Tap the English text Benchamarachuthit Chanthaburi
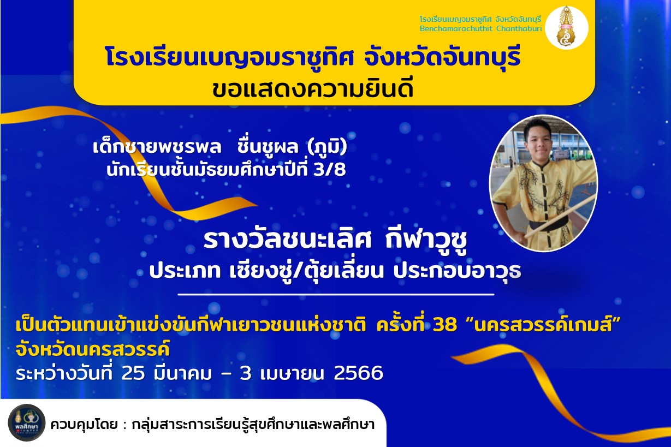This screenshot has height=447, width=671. (481, 29)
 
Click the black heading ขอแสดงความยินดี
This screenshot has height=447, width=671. (312, 88)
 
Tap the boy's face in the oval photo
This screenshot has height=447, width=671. (538, 139)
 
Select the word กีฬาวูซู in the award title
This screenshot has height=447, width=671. (426, 241)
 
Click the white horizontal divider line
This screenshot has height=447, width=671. (336, 295)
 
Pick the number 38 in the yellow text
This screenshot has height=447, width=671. (445, 325)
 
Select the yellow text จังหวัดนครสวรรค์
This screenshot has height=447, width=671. (93, 349)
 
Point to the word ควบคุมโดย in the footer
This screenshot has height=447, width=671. (84, 425)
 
